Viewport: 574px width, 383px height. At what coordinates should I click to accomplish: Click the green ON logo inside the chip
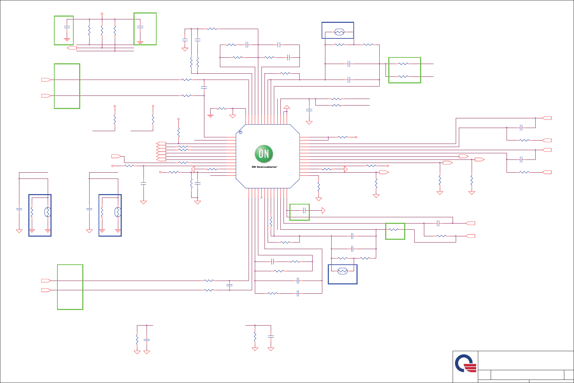pos(264,154)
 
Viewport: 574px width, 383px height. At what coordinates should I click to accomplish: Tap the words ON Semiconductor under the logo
pos(264,167)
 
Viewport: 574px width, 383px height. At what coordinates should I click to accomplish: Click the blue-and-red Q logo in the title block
pos(465,363)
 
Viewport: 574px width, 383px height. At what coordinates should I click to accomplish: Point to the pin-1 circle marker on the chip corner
pos(241,132)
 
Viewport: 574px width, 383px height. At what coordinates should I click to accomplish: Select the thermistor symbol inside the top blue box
pos(339,32)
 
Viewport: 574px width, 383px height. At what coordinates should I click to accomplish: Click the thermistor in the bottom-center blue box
pos(342,271)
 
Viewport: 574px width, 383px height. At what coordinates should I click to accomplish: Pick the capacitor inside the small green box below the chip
pos(304,210)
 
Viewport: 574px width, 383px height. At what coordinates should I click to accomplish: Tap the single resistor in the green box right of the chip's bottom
pos(394,229)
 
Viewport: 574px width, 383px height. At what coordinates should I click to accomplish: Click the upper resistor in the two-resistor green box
pos(403,64)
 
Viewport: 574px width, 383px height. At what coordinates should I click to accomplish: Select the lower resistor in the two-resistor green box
pos(403,76)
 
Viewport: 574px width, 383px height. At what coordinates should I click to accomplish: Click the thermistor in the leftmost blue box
pos(48,212)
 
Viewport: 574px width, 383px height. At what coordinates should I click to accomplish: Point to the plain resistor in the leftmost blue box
pos(32,212)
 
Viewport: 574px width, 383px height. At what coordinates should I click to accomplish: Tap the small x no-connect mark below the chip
pos(261,198)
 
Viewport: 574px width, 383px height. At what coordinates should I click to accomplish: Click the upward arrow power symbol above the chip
pos(287,108)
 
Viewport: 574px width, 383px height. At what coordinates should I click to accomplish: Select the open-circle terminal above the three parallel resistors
pos(102,14)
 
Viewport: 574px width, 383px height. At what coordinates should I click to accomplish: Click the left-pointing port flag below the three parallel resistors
pos(72,48)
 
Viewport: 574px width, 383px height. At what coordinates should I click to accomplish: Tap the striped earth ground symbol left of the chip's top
pos(210,116)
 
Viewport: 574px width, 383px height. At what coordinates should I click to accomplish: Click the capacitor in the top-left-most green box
pos(67,27)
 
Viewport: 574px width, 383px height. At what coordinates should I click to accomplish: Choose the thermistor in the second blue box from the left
pos(118,212)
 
